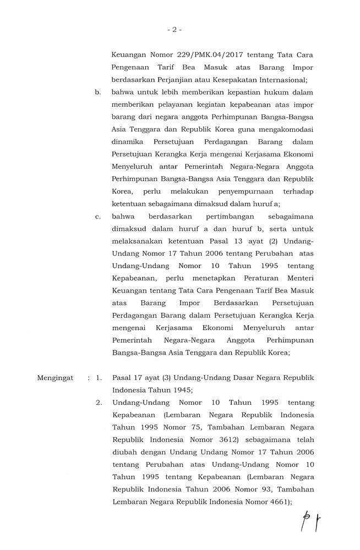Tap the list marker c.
[x=98, y=217]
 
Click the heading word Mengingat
[x=56, y=379]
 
